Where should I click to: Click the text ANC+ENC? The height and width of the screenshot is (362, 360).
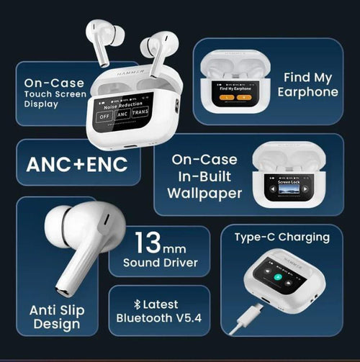pyautogui.click(x=77, y=163)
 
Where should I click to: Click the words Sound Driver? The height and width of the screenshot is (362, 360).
pyautogui.click(x=159, y=263)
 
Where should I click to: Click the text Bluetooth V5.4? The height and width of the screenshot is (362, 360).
pyautogui.click(x=159, y=318)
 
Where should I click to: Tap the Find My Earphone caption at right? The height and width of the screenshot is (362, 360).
pyautogui.click(x=311, y=84)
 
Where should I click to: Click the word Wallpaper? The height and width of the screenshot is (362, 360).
pyautogui.click(x=204, y=193)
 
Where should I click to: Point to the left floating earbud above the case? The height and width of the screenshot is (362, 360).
pyautogui.click(x=102, y=40)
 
